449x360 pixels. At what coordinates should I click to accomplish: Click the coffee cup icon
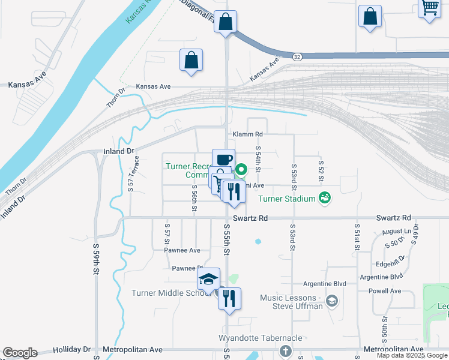pos(223,160)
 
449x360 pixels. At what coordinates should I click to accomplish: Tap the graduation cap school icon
pos(208,280)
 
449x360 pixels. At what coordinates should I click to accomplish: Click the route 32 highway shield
pos(298,56)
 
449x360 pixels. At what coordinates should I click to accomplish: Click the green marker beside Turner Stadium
pos(325,197)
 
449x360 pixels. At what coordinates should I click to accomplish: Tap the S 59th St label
pos(95,258)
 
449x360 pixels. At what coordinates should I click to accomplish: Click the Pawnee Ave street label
pos(185,250)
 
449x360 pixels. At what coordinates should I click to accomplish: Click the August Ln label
pos(395,231)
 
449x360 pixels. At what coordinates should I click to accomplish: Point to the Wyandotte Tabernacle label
pos(261,338)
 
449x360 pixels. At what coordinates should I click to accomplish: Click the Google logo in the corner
pos(20,353)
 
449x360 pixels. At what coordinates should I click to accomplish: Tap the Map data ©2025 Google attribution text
pos(412,355)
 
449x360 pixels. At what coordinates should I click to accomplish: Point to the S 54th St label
pos(258,159)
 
